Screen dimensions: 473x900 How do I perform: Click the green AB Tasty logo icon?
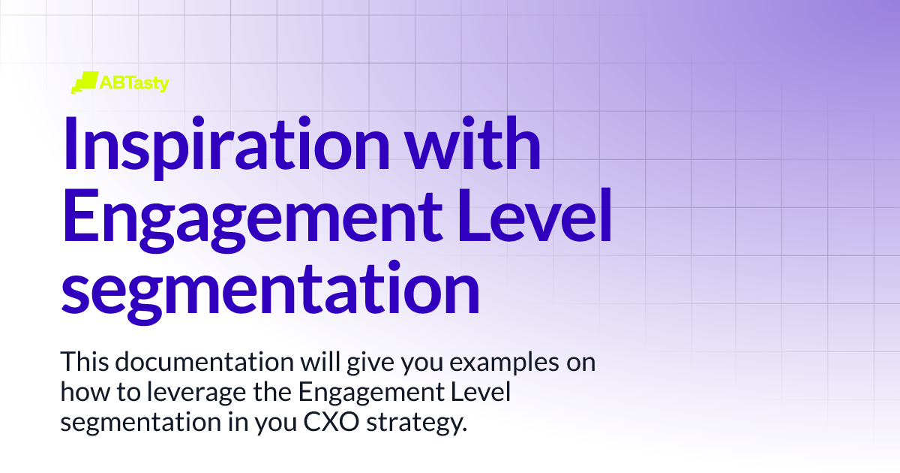pyautogui.click(x=85, y=83)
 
